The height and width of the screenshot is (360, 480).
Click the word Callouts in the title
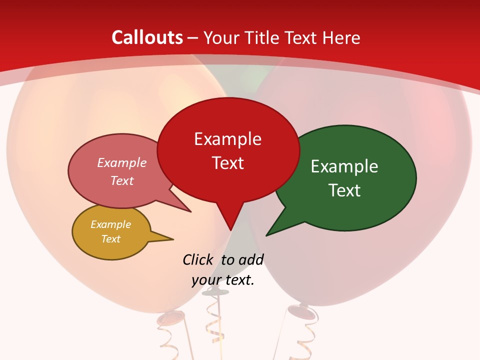(147, 37)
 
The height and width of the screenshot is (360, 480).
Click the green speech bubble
(350, 177)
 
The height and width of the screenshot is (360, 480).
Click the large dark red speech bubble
(228, 150)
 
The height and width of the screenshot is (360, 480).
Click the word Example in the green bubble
(344, 166)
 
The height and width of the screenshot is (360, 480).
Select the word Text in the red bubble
(228, 163)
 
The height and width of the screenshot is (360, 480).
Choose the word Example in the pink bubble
(122, 162)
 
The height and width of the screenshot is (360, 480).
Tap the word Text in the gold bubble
(111, 239)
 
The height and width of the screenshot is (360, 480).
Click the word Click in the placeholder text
(199, 259)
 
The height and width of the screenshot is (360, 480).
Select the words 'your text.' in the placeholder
(223, 280)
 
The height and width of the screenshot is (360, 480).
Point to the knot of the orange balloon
(170, 318)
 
